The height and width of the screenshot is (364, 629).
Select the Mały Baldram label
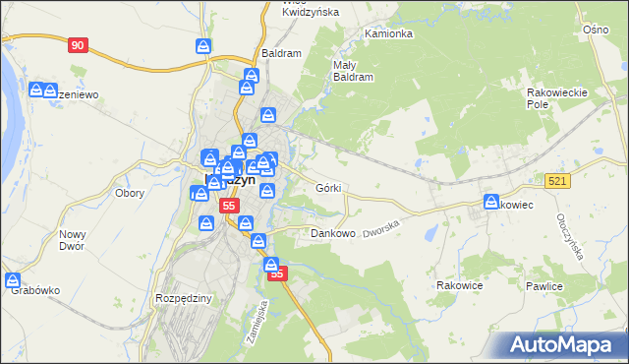(x=353, y=70)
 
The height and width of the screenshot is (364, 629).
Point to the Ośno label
(x=596, y=30)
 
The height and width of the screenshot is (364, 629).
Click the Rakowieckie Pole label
(x=556, y=97)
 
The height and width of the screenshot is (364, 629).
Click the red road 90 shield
(x=79, y=45)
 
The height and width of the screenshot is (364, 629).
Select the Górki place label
(x=328, y=187)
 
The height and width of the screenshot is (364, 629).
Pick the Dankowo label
(x=332, y=234)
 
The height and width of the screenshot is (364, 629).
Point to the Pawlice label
(x=543, y=286)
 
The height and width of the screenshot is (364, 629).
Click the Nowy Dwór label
(x=73, y=241)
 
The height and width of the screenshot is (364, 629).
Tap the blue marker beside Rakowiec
(x=489, y=203)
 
